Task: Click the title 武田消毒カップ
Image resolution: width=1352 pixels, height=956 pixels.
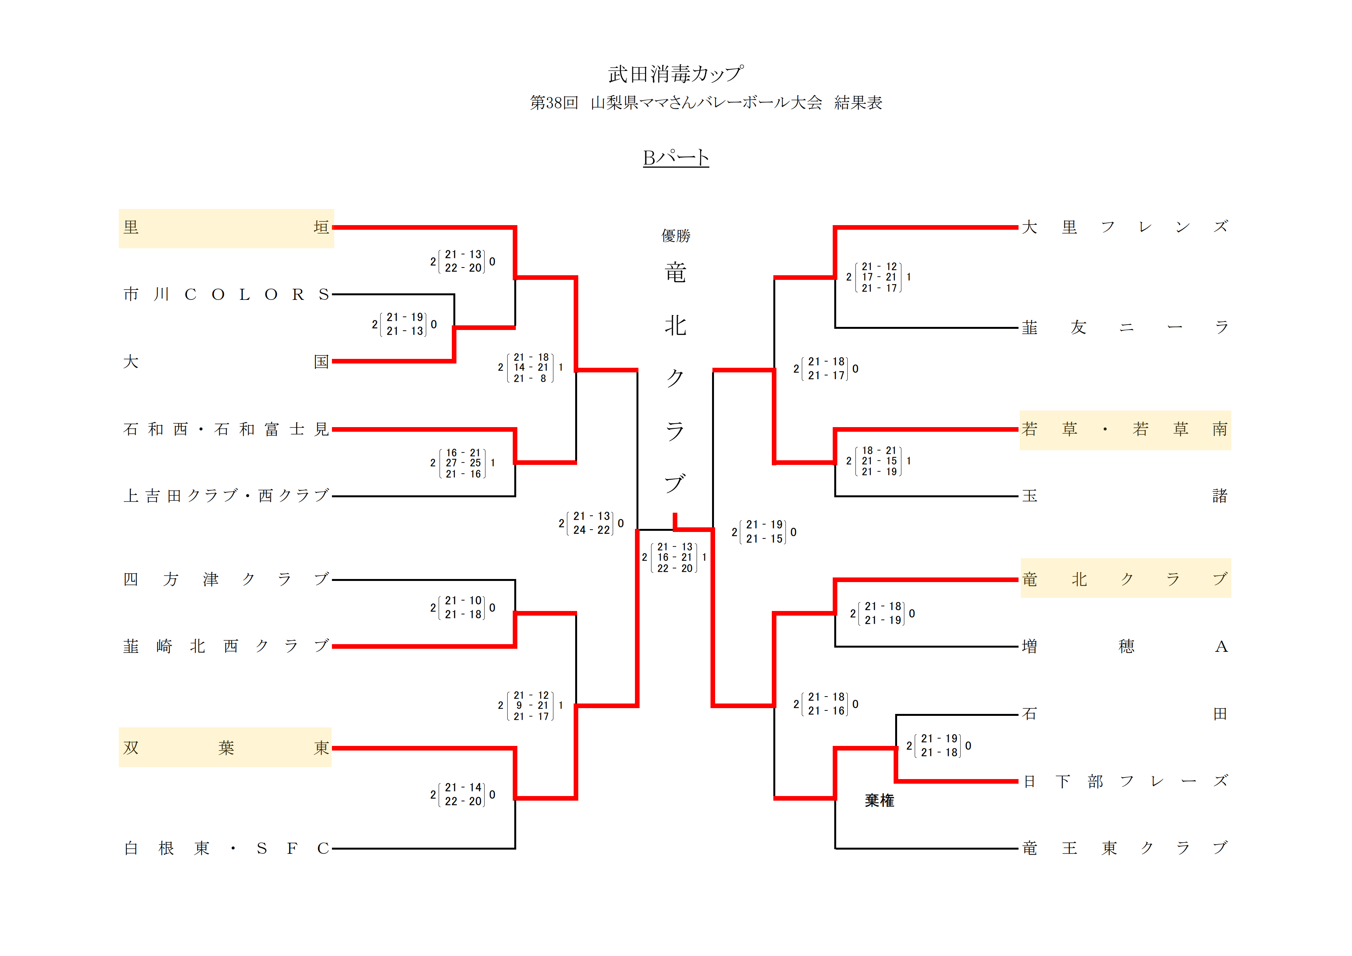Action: (675, 74)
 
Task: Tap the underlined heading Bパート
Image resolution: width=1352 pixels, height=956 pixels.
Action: (675, 158)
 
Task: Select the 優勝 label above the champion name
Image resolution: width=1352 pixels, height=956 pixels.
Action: (675, 236)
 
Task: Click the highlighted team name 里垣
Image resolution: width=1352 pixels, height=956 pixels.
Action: (226, 228)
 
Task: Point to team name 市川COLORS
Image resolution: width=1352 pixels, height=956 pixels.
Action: (226, 295)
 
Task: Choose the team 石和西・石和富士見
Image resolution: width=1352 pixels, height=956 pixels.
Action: (226, 429)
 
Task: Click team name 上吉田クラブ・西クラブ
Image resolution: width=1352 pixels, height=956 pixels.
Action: (226, 496)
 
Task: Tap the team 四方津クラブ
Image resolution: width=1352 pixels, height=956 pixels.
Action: (226, 580)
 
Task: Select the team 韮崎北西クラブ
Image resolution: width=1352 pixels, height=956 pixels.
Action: (226, 646)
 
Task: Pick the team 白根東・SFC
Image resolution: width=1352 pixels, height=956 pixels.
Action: (226, 848)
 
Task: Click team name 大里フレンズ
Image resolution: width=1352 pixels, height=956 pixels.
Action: (1125, 227)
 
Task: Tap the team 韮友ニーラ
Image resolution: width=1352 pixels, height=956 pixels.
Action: (1125, 327)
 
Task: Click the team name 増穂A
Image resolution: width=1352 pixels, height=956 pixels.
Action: (1125, 646)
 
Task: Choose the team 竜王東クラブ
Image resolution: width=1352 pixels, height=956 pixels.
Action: (1125, 848)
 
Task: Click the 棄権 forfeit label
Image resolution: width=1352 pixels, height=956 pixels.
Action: (879, 801)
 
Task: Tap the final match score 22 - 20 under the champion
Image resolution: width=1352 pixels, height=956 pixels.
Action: (675, 569)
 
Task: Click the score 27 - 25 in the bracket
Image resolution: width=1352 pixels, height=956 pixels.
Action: (463, 463)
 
